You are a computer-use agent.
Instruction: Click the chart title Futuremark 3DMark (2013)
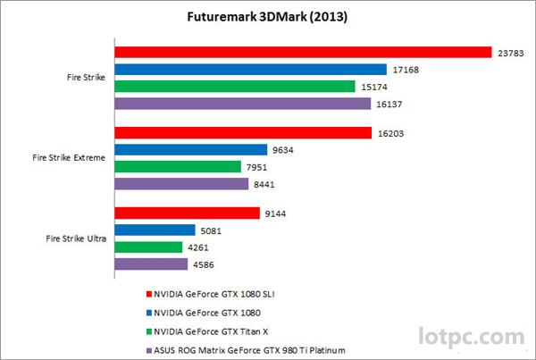pos(268,16)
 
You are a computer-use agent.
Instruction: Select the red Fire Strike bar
pos(303,53)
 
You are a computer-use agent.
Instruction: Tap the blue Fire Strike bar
pos(250,70)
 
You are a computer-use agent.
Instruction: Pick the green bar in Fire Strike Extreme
pos(179,167)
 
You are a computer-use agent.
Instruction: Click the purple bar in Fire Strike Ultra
pos(151,264)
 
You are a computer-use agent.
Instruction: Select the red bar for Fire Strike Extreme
pos(242,133)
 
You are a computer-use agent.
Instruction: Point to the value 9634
pos(284,150)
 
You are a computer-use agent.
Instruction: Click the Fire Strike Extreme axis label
pos(69,158)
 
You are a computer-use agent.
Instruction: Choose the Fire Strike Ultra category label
pos(75,239)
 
